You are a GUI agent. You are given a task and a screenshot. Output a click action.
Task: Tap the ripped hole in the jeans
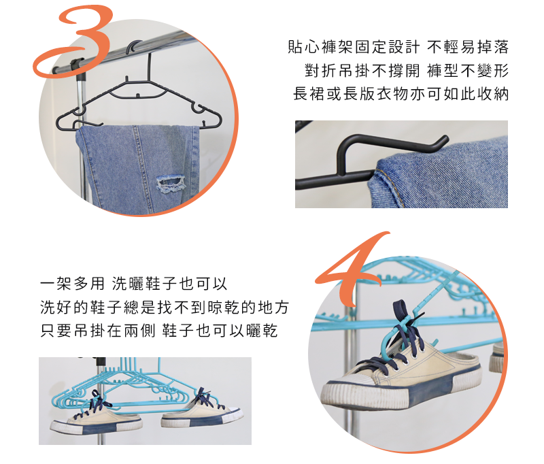click(x=171, y=183)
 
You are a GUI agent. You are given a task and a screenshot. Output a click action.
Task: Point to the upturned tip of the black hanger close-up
click(x=443, y=140)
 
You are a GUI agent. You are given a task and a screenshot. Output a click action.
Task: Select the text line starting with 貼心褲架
click(x=398, y=48)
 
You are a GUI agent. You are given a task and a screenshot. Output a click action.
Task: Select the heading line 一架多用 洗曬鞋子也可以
click(x=133, y=283)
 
